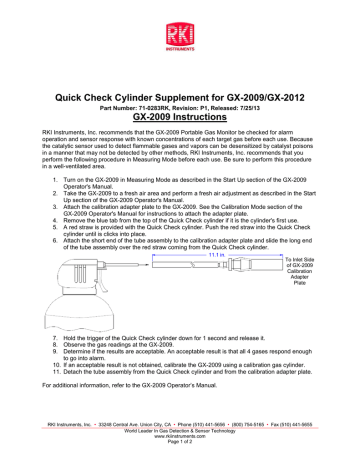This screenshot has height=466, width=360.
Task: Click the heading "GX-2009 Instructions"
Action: click(x=181, y=113)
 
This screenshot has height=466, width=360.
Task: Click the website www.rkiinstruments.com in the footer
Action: click(x=181, y=438)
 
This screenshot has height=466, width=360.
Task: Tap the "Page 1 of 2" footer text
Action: click(x=181, y=444)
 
